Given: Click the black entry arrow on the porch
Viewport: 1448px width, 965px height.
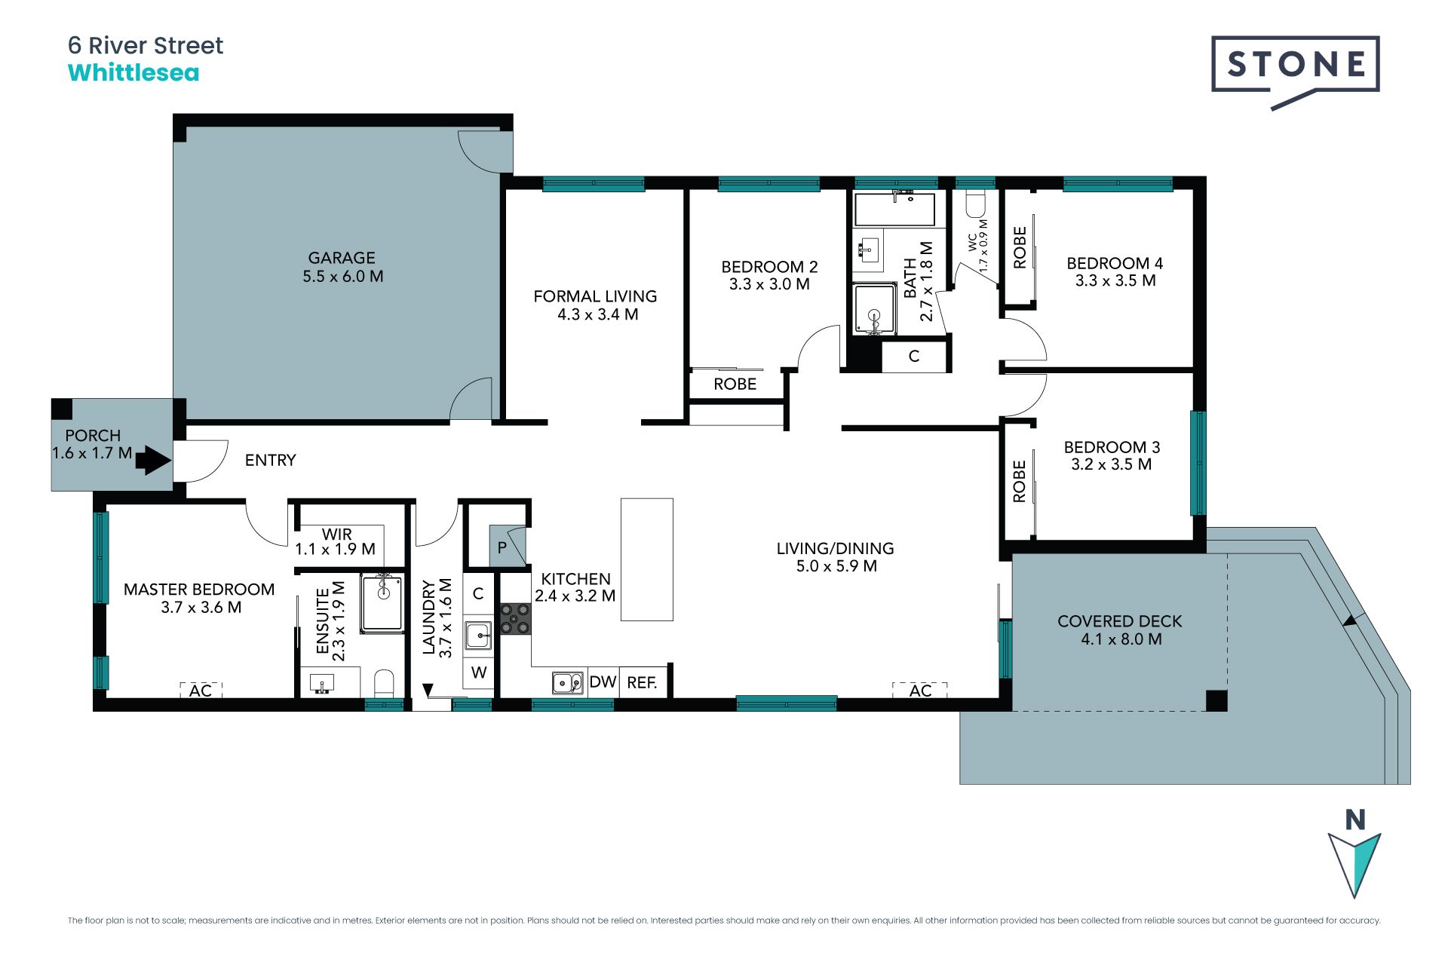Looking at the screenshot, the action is (x=154, y=460).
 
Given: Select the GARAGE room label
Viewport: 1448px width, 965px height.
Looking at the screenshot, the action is (x=342, y=258).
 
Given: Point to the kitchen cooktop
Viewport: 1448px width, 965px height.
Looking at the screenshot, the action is (x=516, y=618).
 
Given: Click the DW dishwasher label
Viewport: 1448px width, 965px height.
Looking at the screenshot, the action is (x=603, y=682).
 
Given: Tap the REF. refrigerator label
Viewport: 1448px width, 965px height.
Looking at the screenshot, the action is (x=642, y=682).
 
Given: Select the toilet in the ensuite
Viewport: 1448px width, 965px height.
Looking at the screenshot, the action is (x=384, y=683).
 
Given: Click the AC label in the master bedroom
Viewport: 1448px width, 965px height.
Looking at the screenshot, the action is (x=201, y=691).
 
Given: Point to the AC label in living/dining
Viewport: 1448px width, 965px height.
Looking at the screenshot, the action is (x=920, y=691).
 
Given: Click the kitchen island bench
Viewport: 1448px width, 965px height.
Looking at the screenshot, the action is (x=647, y=559).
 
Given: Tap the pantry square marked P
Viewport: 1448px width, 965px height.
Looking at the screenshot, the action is (x=507, y=546).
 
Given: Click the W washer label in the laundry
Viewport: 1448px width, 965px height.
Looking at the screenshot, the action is (x=479, y=672).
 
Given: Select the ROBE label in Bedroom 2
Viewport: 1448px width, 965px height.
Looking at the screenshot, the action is (x=735, y=384).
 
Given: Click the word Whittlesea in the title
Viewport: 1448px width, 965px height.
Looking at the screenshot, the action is (x=133, y=73).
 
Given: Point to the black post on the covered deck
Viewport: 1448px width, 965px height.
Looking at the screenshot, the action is (x=1216, y=700).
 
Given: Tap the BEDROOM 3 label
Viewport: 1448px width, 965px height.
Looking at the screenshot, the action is (x=1112, y=447).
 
